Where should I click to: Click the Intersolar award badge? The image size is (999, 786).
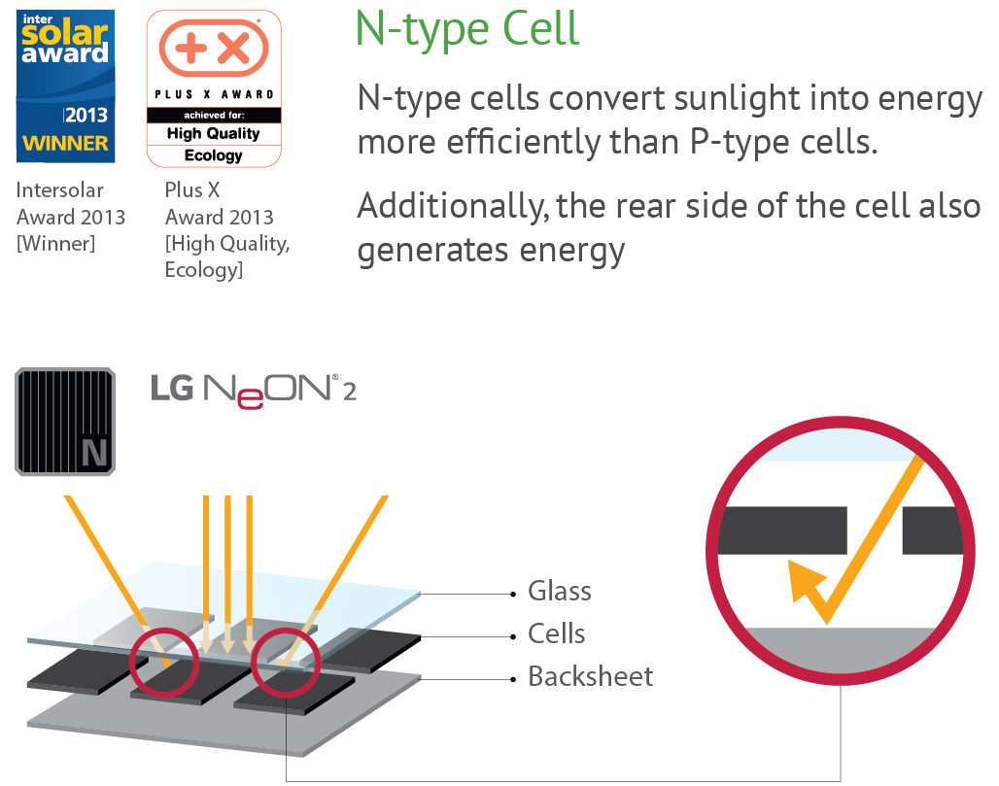[65, 86]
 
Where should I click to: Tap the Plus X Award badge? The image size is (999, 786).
[213, 88]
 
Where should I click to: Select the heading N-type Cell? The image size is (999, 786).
[467, 29]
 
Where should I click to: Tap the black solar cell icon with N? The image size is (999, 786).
[65, 421]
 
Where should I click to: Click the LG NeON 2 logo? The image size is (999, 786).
[253, 388]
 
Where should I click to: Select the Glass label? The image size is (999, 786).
[559, 591]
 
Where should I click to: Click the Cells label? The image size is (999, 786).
[556, 633]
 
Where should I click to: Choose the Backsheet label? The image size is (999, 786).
[590, 676]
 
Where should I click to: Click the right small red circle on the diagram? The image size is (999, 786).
[286, 664]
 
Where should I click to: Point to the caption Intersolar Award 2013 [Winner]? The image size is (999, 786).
[70, 216]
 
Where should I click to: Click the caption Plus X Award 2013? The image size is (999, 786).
[220, 204]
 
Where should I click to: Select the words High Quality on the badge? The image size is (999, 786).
[213, 133]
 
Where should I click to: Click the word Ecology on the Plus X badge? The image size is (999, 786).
[213, 154]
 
